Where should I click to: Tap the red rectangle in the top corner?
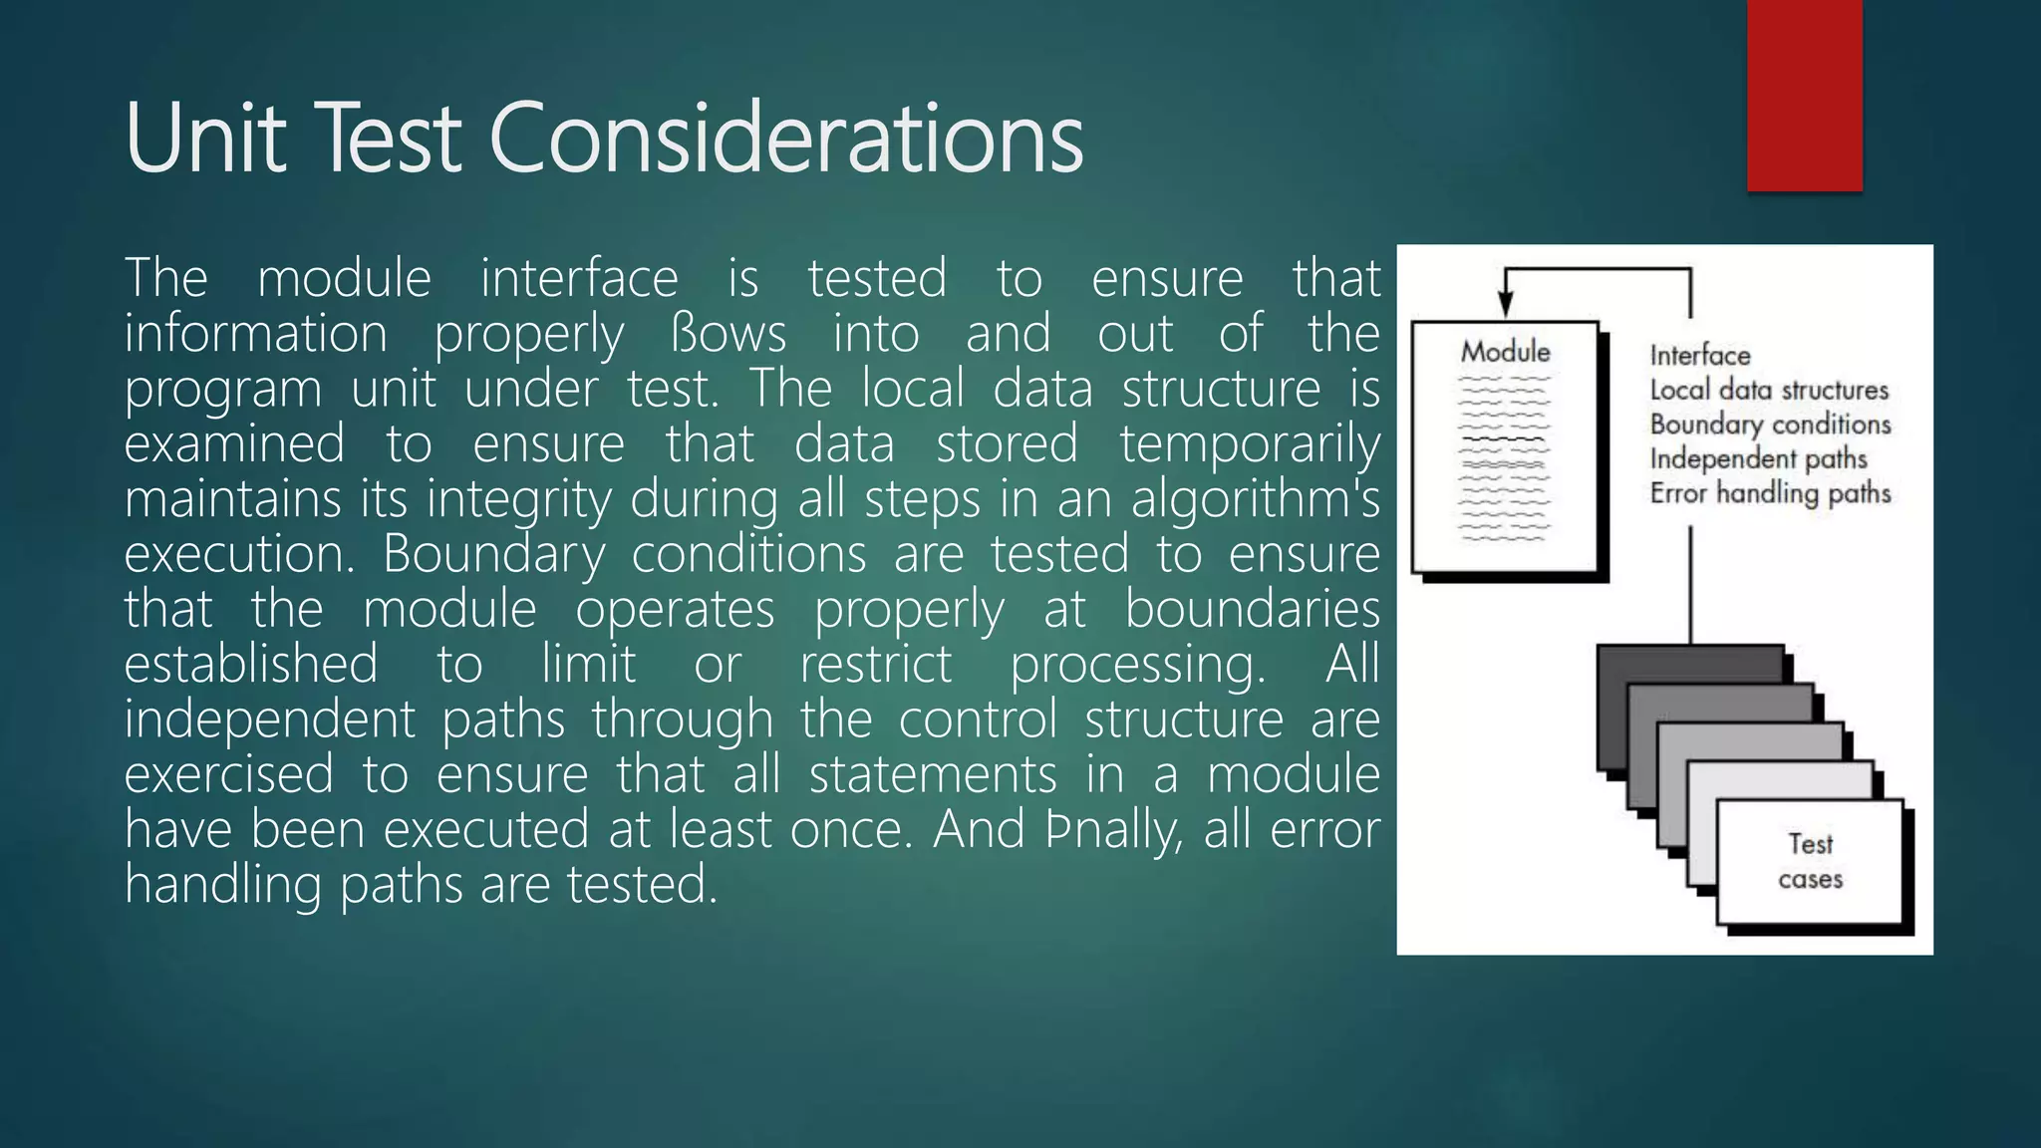[1804, 95]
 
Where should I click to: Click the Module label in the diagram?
[1505, 352]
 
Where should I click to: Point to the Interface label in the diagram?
[1699, 356]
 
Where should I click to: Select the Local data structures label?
[1769, 390]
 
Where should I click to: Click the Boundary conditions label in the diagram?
[1770, 425]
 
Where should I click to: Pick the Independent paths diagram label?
[1758, 458]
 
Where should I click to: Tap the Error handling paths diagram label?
[1770, 493]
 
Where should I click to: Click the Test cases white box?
[1810, 862]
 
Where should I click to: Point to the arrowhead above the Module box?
[1506, 304]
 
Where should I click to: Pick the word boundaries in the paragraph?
[1252, 609]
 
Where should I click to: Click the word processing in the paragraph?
[1137, 665]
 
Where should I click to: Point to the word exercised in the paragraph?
[229, 774]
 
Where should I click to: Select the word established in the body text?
[251, 665]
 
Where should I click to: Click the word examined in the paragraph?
[234, 444]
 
